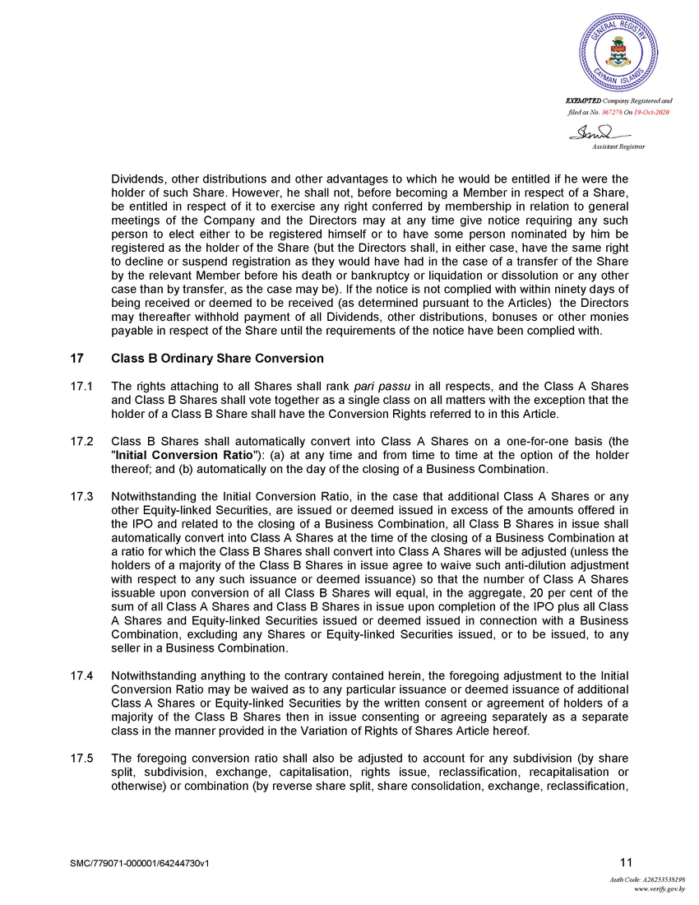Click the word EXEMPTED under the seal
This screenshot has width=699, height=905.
(x=581, y=100)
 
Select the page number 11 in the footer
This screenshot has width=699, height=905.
(x=626, y=862)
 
